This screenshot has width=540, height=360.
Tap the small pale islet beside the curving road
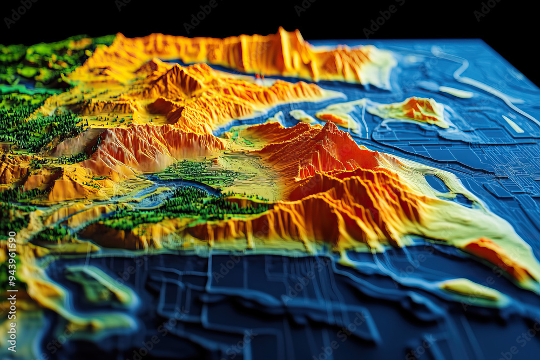tap(456, 92)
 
